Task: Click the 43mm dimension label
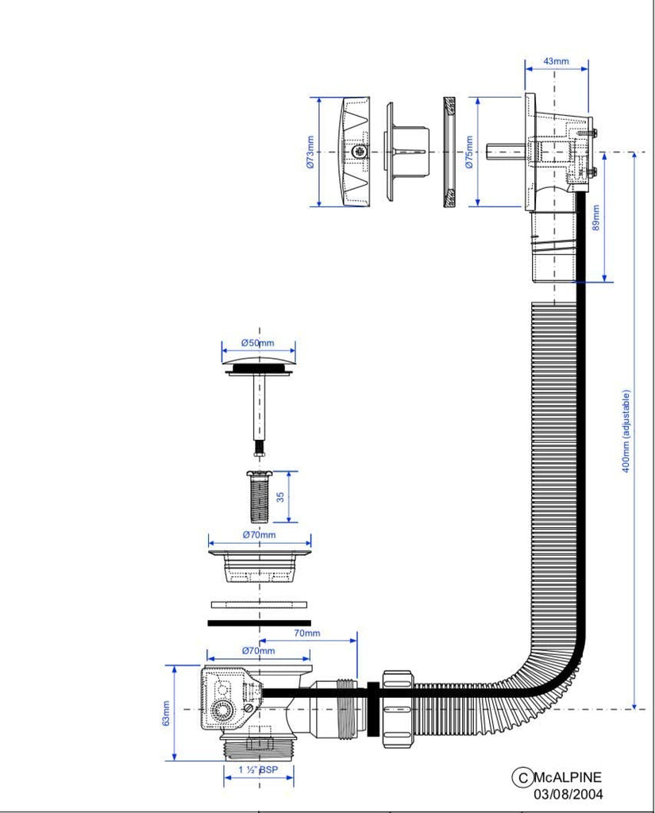click(556, 61)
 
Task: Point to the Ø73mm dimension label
click(310, 152)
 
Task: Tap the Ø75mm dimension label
click(468, 151)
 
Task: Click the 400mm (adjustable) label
click(626, 431)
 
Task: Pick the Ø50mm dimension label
click(258, 343)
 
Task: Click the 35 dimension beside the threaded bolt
click(280, 497)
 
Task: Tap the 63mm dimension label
click(166, 712)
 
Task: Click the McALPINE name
click(568, 777)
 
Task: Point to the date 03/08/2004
click(568, 793)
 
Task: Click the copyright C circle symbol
click(522, 777)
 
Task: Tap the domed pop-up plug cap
click(259, 364)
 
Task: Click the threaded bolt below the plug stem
click(260, 495)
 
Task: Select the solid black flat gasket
click(259, 622)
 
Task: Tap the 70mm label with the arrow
click(306, 633)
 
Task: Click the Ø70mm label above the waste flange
click(259, 534)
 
